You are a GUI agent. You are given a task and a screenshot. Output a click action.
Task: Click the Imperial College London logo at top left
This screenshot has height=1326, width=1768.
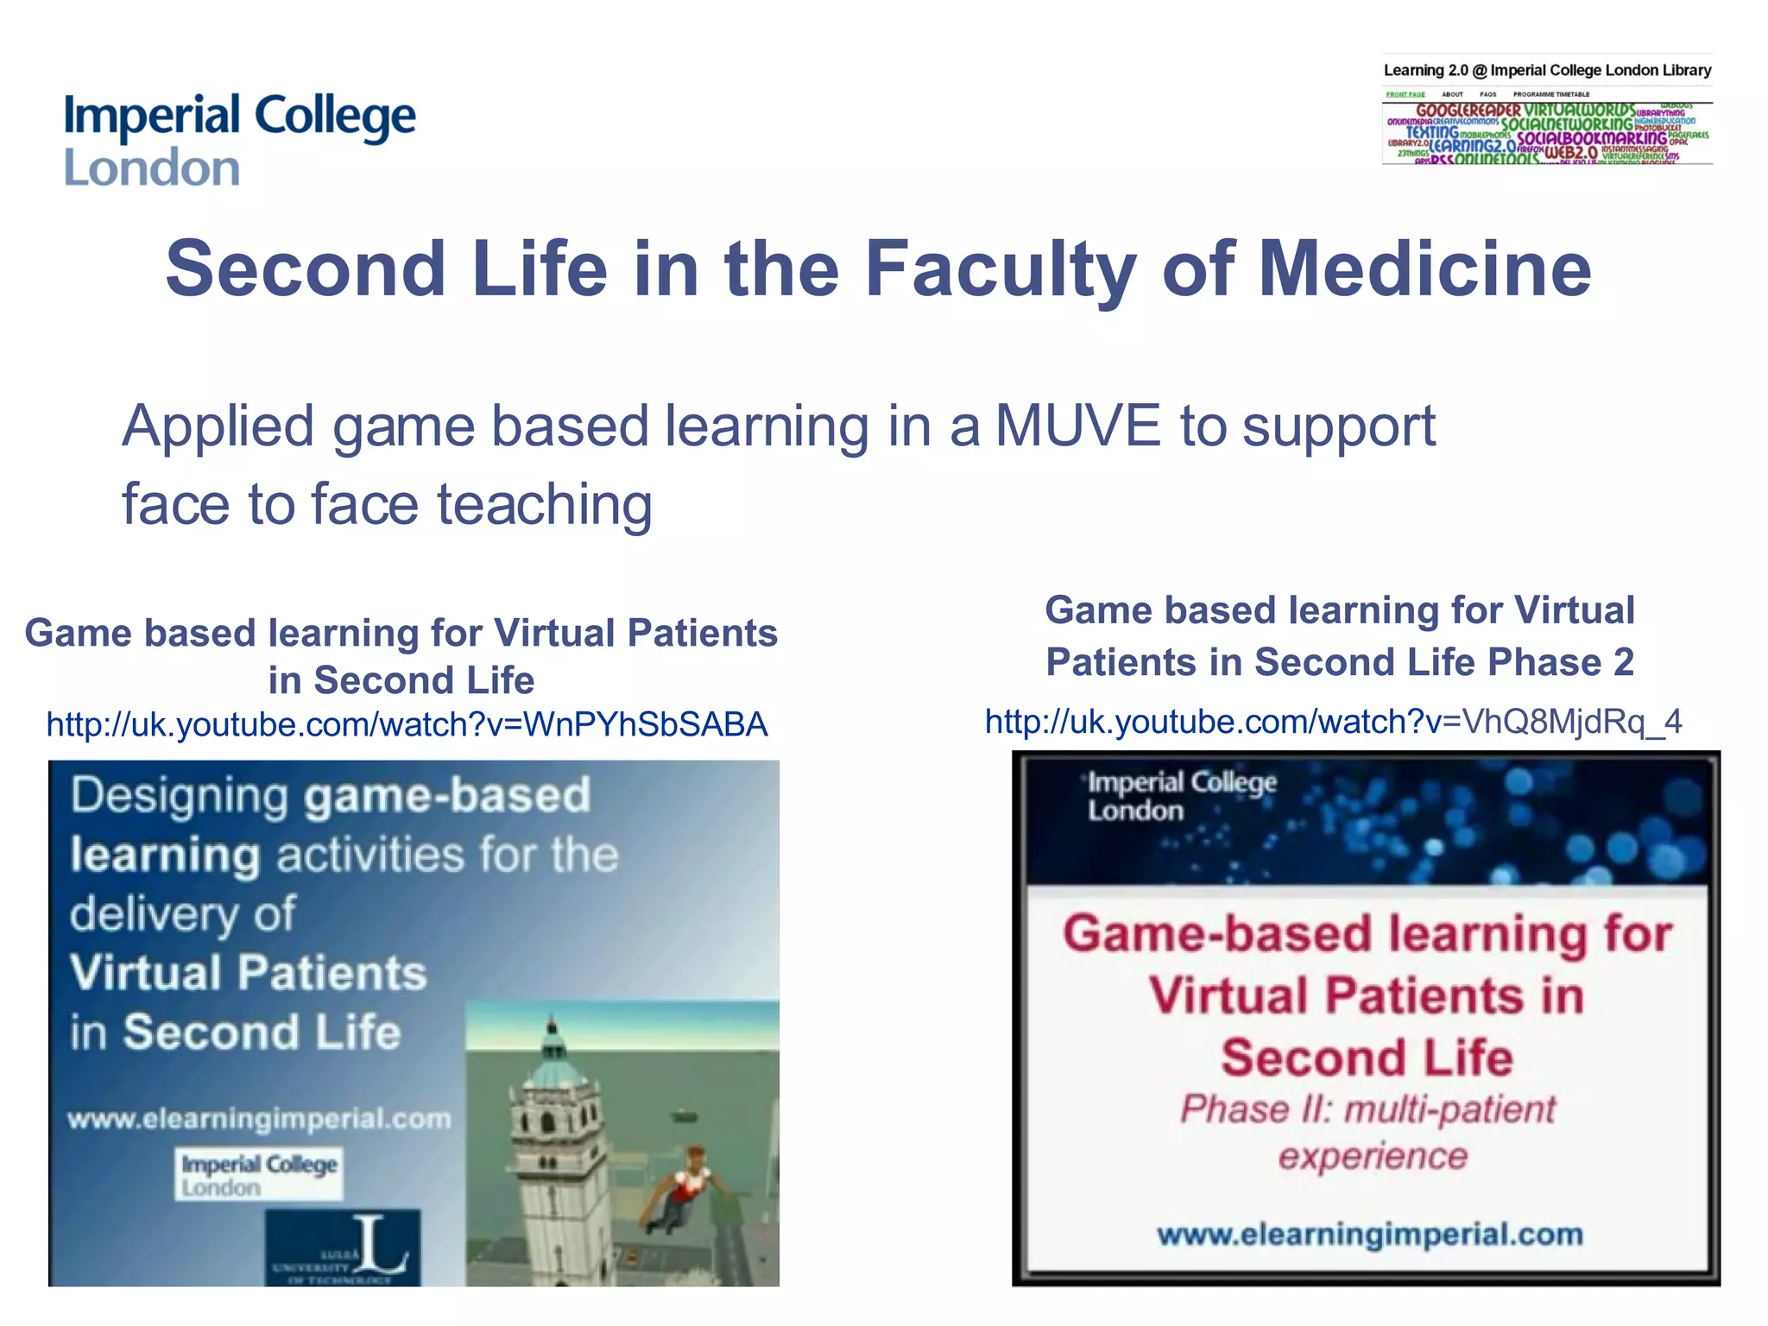click(239, 140)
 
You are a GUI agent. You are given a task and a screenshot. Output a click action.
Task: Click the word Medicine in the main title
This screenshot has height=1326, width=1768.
click(1424, 269)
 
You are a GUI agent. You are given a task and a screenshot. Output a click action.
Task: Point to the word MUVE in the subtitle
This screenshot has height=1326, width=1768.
click(1077, 426)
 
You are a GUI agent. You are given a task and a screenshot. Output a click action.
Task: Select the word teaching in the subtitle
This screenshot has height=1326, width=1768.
click(544, 504)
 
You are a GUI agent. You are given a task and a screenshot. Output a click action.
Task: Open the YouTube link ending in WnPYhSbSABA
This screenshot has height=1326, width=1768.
click(407, 724)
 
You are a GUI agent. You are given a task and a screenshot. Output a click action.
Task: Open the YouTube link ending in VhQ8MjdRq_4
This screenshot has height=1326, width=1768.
click(1333, 722)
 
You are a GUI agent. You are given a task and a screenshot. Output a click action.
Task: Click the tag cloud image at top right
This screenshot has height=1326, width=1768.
click(1547, 134)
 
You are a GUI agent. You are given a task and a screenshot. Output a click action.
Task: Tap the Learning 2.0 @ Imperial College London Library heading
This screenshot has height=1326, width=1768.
click(1547, 71)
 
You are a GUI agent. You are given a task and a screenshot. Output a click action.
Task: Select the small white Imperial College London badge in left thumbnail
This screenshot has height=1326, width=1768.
click(259, 1174)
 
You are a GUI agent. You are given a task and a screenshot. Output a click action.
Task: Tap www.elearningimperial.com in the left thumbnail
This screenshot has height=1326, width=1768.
click(259, 1119)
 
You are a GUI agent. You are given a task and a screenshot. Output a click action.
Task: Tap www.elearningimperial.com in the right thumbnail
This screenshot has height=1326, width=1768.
click(1370, 1234)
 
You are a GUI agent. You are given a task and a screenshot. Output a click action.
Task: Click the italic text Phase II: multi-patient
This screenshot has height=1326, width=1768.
click(1367, 1110)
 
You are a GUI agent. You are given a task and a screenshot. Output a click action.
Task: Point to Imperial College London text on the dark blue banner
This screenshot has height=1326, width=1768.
click(1181, 796)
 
